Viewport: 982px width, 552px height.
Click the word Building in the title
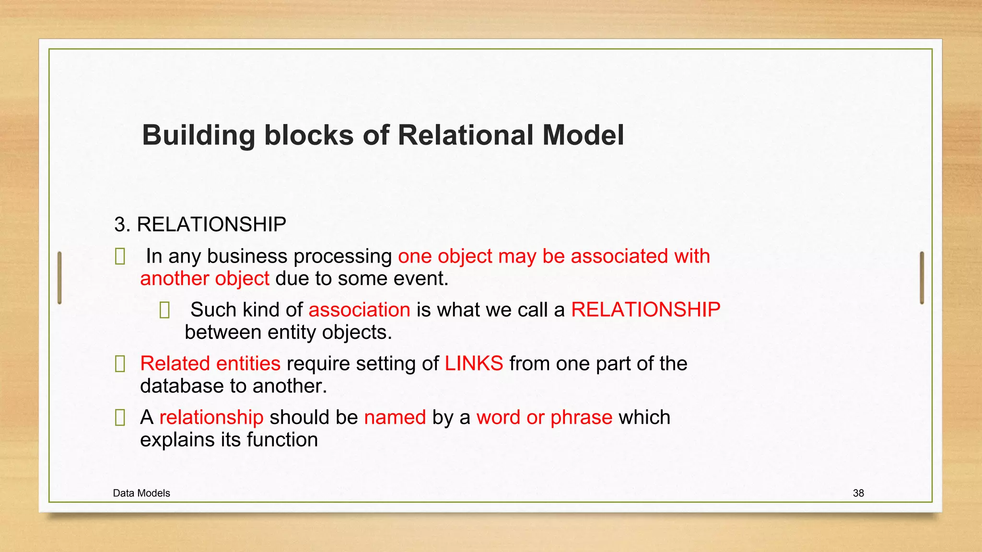tap(199, 136)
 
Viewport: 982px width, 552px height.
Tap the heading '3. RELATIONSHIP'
tap(200, 224)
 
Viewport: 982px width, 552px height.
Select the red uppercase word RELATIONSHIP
tap(645, 310)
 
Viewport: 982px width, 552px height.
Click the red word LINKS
tap(474, 363)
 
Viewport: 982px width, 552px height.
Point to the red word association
tap(359, 310)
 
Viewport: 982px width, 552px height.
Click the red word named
tap(395, 417)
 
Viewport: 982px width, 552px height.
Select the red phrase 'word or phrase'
tap(544, 417)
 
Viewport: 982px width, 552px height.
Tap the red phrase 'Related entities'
tap(210, 363)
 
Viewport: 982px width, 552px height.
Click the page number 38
tap(858, 493)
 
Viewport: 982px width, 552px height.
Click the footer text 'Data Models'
tap(141, 493)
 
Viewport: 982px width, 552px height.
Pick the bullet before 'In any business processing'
tap(120, 257)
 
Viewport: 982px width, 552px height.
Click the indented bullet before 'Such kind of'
tap(164, 310)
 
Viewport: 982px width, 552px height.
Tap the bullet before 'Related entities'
tap(120, 364)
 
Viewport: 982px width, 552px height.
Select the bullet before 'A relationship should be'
tap(120, 418)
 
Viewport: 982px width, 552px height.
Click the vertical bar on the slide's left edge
tap(59, 277)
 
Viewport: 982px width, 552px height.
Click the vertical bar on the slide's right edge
tap(922, 277)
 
